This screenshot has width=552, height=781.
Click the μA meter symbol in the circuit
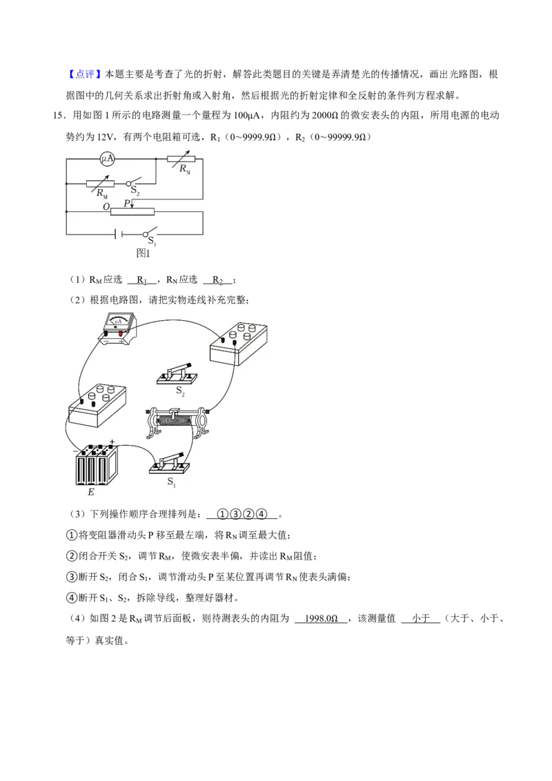pyautogui.click(x=107, y=159)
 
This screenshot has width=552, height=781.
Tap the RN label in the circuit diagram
pyautogui.click(x=185, y=169)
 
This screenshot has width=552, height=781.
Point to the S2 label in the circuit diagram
pyautogui.click(x=135, y=190)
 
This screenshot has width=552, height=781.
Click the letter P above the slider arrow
pyautogui.click(x=126, y=204)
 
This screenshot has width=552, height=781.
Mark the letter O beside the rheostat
pyautogui.click(x=106, y=207)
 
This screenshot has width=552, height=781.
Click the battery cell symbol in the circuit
pyautogui.click(x=118, y=234)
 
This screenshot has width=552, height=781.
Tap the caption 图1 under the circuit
pyautogui.click(x=143, y=253)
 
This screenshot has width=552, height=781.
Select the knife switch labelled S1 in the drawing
pyautogui.click(x=170, y=464)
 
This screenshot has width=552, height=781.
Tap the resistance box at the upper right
pyautogui.click(x=238, y=344)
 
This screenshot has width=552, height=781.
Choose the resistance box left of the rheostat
pyautogui.click(x=97, y=406)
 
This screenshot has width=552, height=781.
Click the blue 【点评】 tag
pyautogui.click(x=81, y=75)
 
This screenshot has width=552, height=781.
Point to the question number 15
pyautogui.click(x=58, y=115)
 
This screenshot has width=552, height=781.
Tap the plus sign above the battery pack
pyautogui.click(x=112, y=442)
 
